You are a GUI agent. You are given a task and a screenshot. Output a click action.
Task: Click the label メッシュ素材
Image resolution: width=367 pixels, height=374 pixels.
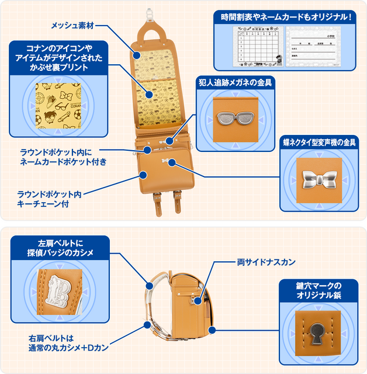(72, 26)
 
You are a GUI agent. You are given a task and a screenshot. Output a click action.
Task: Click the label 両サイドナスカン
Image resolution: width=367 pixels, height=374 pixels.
(266, 262)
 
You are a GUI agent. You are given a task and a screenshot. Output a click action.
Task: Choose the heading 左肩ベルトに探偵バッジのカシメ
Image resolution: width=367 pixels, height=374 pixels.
(61, 248)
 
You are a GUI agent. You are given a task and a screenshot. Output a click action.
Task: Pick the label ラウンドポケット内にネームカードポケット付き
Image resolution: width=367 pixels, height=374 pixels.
(62, 156)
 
